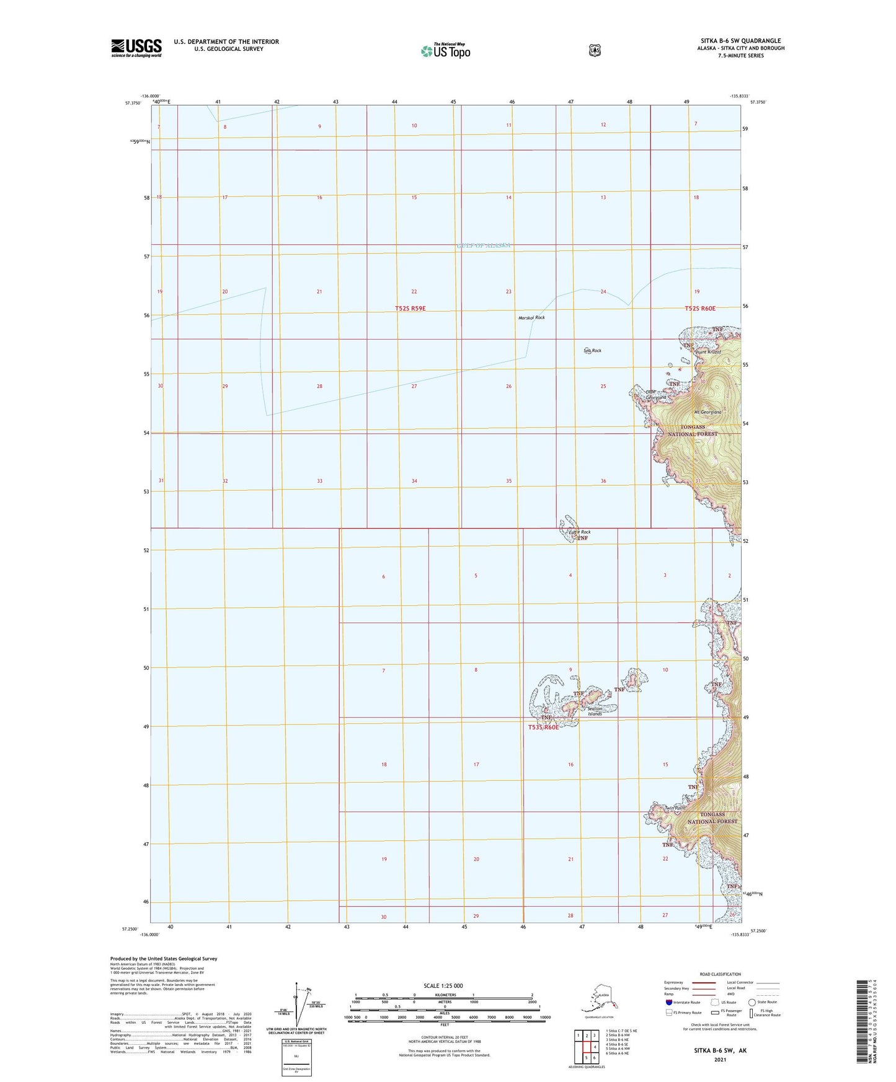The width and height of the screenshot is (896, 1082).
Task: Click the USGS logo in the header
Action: pos(136,48)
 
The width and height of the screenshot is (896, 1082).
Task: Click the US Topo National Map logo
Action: pos(445,50)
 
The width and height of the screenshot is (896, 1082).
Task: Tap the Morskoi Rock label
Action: pos(531,318)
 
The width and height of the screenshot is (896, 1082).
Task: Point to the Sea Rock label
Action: pos(592,351)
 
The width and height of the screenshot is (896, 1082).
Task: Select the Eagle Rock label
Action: pos(580,532)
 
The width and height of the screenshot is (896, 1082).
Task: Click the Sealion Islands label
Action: pos(595,711)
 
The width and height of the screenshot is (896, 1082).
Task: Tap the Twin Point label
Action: pos(675,808)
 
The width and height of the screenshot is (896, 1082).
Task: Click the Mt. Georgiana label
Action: pos(707,412)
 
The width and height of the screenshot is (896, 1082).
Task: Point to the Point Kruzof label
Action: pos(708,352)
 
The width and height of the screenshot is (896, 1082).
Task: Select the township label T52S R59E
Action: pos(410,308)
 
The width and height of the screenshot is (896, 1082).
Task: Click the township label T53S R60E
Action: pos(543,728)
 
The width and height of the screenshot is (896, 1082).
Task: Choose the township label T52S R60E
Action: pos(700,308)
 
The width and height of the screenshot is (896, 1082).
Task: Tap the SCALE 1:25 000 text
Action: pos(443,986)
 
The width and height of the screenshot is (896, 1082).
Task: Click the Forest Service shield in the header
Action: pos(595,50)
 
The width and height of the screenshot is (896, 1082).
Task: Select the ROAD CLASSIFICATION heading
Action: pos(719,974)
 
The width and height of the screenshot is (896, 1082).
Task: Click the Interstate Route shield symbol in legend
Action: pos(668,1002)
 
